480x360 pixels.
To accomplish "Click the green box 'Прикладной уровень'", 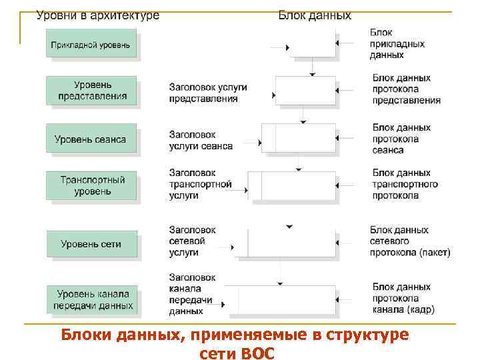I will (91, 45).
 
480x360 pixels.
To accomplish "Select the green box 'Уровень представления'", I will (91, 90).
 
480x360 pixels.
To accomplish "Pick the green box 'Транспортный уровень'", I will (91, 186).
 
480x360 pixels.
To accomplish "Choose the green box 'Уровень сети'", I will (91, 244).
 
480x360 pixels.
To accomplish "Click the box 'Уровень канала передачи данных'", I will (92, 299).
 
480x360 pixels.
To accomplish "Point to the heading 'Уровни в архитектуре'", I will (97, 15).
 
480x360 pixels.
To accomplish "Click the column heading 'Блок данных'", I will (315, 15).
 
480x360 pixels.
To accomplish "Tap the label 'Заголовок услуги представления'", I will (207, 93).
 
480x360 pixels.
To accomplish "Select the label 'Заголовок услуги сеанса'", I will (201, 140).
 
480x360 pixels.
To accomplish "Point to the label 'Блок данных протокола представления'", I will (406, 89).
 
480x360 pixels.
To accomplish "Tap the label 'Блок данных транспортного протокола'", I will (405, 184).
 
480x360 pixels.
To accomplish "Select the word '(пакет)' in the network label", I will (435, 253).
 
